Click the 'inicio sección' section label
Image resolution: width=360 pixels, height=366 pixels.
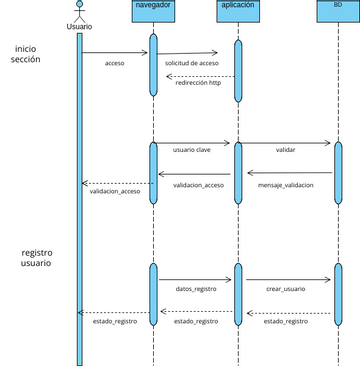(27, 54)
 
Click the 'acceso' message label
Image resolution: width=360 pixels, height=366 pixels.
(115, 64)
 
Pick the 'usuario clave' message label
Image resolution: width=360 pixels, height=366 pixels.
(191, 149)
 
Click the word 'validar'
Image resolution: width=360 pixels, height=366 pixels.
(285, 149)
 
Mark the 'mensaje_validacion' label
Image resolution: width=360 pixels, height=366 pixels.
(285, 185)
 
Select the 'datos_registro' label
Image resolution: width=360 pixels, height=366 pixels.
(196, 288)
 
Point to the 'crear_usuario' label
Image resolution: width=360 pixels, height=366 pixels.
(286, 288)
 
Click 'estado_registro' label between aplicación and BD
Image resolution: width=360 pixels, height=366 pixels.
(286, 321)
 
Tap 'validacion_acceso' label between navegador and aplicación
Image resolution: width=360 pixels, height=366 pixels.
(199, 185)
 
